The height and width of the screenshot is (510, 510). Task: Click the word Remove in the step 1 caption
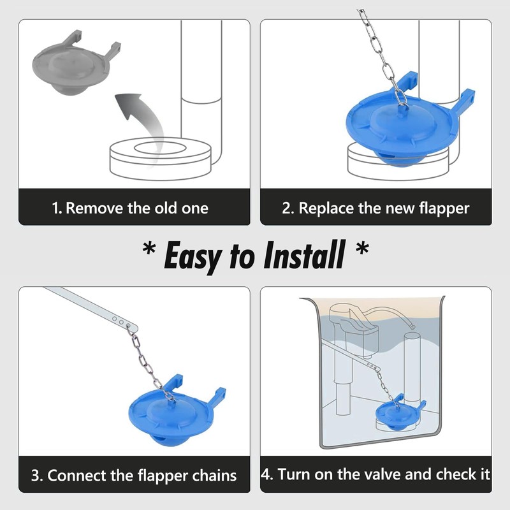(94, 208)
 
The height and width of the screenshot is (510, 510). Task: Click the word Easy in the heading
(193, 256)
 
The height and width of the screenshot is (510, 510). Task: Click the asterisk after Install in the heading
(362, 249)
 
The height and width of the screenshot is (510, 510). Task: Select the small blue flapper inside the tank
(397, 413)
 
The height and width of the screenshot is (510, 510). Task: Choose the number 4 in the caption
(266, 474)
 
